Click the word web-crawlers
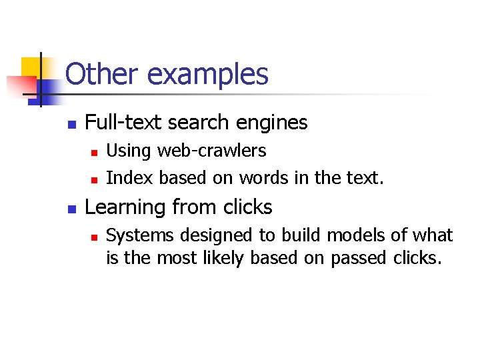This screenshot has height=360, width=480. pos(212,151)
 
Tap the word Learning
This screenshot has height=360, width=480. pos(125,208)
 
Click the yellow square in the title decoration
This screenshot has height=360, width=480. pos(31,67)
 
